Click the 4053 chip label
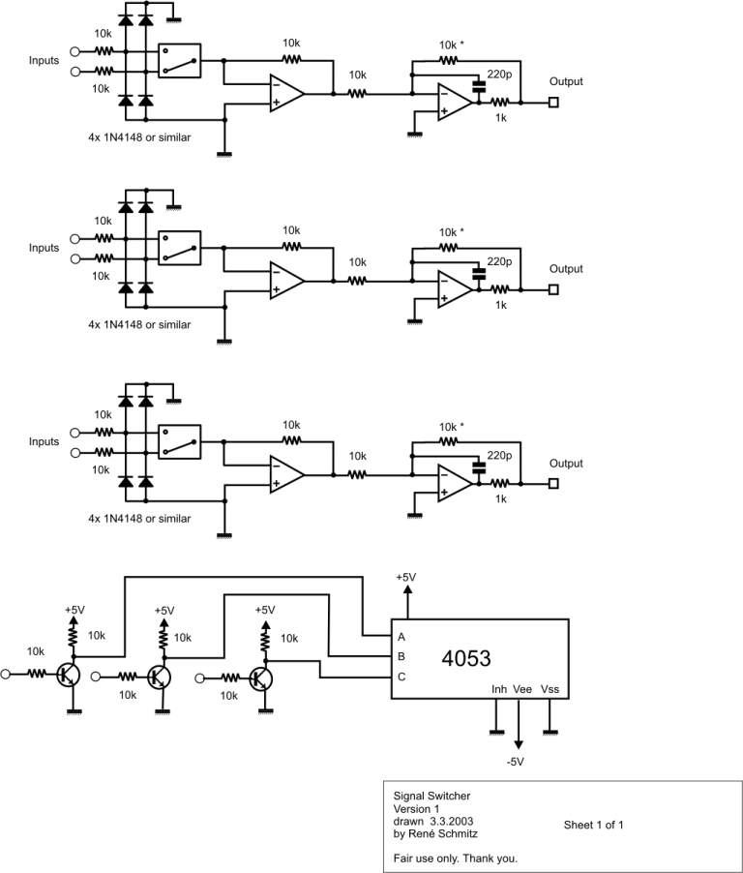[x=466, y=658]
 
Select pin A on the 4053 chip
[x=401, y=638]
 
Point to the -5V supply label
[x=515, y=762]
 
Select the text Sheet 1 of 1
[x=594, y=826]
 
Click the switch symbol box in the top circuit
[x=179, y=60]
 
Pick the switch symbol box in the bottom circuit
[x=179, y=441]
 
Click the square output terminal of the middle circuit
[x=553, y=288]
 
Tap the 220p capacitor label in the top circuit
[x=500, y=74]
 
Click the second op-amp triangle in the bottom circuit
[x=455, y=481]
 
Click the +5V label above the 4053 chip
[x=406, y=578]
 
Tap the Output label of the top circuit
[x=567, y=81]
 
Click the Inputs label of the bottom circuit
[x=44, y=441]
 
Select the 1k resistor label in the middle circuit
[x=499, y=305]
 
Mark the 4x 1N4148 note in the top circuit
[x=139, y=137]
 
